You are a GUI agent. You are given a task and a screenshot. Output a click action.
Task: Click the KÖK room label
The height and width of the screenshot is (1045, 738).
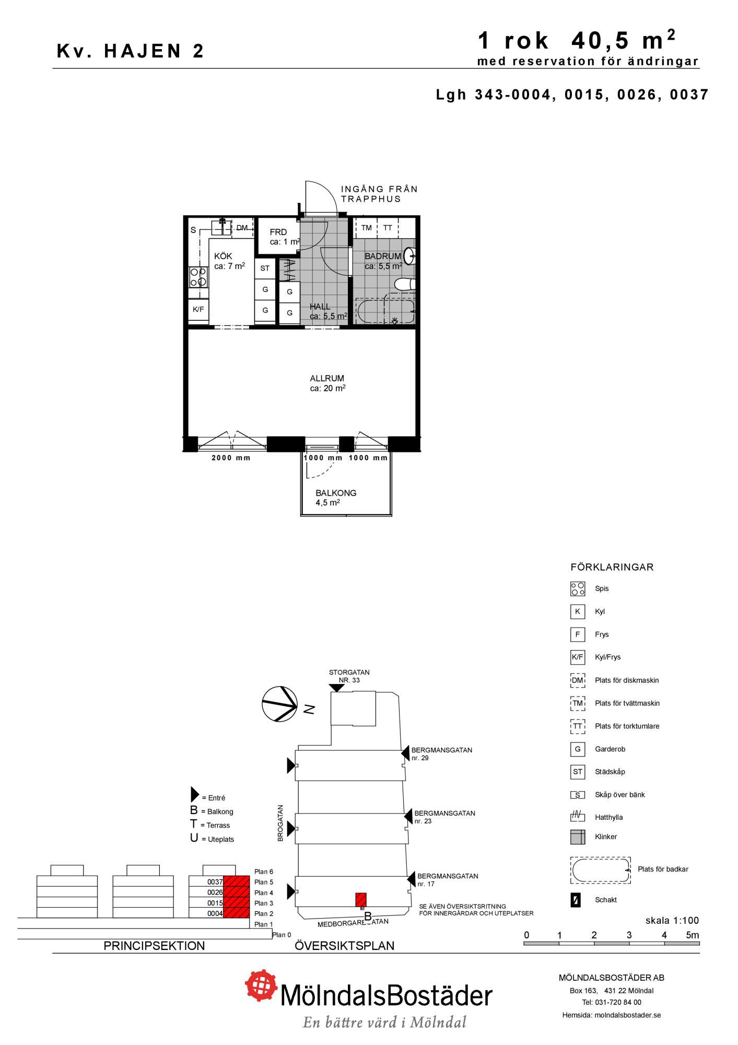coord(223,256)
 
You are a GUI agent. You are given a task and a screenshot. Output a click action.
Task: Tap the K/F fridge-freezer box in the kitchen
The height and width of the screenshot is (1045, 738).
coord(198,309)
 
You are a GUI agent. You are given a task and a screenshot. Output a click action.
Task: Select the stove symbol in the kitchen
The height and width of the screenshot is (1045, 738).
coord(198,277)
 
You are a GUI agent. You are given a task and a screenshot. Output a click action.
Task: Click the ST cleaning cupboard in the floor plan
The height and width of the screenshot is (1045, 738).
coord(265,268)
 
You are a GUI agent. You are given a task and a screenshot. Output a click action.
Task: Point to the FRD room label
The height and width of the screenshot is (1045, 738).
coord(278,232)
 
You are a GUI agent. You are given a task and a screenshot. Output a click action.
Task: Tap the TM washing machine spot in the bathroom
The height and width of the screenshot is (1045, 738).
coord(366,228)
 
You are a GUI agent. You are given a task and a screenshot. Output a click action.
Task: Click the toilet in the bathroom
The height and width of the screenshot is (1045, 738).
coord(405,285)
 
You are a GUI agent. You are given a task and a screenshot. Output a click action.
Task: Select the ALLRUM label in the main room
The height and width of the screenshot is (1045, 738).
coord(327,378)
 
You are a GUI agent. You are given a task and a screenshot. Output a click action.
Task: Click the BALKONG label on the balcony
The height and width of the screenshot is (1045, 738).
coord(336,493)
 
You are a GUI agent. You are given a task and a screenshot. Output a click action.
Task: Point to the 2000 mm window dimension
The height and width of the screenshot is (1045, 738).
coord(231,458)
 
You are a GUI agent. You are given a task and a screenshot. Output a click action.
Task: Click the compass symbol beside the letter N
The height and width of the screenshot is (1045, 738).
coord(279,704)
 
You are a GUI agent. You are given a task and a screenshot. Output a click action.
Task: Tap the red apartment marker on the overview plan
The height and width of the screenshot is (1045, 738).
coord(361,900)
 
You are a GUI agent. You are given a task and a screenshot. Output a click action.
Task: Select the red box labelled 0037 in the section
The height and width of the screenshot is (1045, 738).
coord(236,882)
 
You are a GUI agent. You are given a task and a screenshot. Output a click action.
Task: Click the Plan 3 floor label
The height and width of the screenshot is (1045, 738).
coord(264,903)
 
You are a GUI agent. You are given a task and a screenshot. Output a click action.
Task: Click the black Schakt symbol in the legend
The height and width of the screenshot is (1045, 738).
coord(576,900)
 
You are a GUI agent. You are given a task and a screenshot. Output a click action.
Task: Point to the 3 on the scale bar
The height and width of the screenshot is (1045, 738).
coord(629,935)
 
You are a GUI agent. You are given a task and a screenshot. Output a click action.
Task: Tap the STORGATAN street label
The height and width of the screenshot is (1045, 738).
coord(349,672)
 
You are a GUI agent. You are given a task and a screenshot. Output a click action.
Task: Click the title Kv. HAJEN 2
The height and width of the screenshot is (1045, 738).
coord(130,51)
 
